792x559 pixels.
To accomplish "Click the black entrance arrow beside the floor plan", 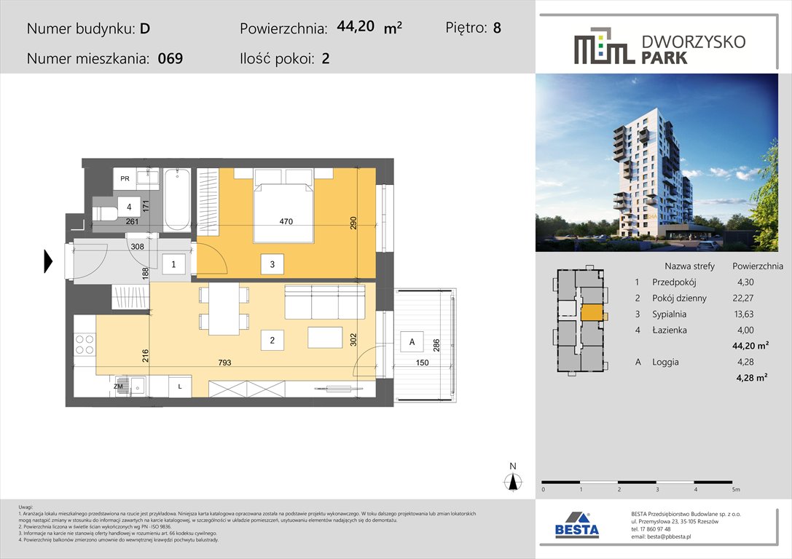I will tap(49, 261).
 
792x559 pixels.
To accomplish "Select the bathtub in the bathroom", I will tap(177, 199).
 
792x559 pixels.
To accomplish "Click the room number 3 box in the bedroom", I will tap(272, 265).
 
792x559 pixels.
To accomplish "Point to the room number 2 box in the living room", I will tap(271, 338).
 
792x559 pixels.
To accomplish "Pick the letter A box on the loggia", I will tap(412, 342).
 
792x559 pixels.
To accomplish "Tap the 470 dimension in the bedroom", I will tap(285, 222).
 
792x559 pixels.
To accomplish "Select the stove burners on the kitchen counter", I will tap(85, 344).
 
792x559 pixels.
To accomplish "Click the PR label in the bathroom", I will tap(125, 178).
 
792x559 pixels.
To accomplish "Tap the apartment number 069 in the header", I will tap(170, 59).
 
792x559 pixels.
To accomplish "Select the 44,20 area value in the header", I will tap(356, 27).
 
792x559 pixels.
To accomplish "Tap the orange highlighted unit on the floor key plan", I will tap(592, 313).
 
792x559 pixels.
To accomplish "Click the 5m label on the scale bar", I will tap(736, 490).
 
